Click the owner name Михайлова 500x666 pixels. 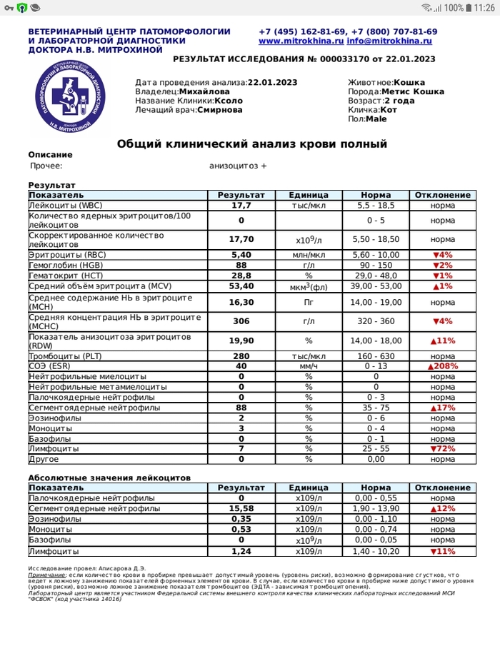pos(204,92)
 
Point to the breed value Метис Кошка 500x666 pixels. pos(412,92)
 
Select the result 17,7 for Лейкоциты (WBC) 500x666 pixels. pos(241,205)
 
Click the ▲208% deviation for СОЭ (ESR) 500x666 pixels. pos(442,366)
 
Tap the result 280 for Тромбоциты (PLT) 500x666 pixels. pos(241,356)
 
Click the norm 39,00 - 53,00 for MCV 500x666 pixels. pos(375,286)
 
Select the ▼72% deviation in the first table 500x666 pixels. pos(442,449)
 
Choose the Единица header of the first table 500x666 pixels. pos(309,195)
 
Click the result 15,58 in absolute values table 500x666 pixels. pos(241,509)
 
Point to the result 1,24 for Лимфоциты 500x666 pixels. pos(241,552)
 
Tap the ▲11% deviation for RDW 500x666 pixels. pos(442,341)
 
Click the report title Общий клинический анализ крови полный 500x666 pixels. pos(252,144)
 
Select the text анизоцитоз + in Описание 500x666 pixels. pos(238,166)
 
